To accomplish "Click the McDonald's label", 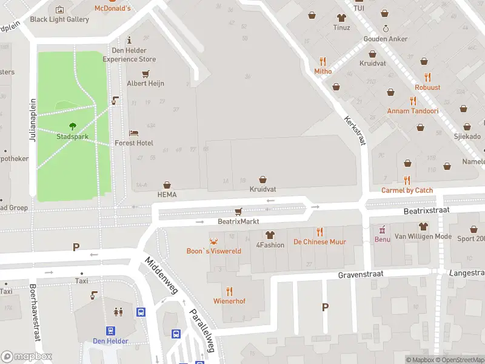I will point(112,8).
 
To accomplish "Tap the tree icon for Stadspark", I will point(73,126).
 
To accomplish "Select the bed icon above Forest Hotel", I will point(134,133).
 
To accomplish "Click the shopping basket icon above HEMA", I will point(167,184).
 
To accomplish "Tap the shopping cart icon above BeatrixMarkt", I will point(238,212).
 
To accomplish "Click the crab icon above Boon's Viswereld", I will point(213,241).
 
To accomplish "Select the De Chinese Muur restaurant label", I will point(319,242).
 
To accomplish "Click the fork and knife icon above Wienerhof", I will point(229,291).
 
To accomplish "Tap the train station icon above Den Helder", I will point(111,331).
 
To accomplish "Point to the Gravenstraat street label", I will point(361,274).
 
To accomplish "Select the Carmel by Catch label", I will point(407,190).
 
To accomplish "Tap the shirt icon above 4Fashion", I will point(270,235).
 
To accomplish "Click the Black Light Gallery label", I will point(59,19).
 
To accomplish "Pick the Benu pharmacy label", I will point(382,240).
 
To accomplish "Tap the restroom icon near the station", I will point(118,312).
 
